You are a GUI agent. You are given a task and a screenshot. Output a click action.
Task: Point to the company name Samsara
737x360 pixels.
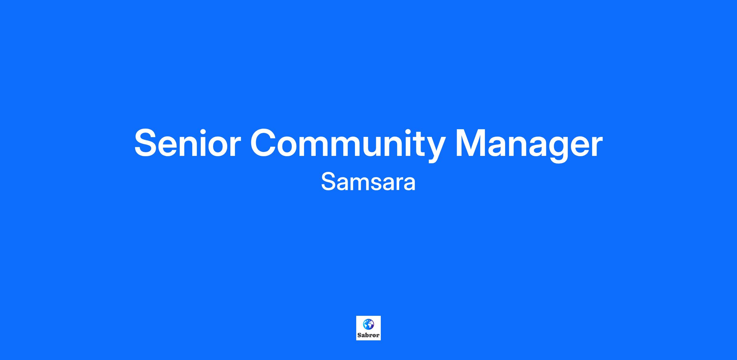click(368, 182)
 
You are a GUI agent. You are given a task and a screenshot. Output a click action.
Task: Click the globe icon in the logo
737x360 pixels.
click(368, 324)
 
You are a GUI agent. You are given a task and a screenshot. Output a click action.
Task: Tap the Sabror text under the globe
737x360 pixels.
click(368, 335)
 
